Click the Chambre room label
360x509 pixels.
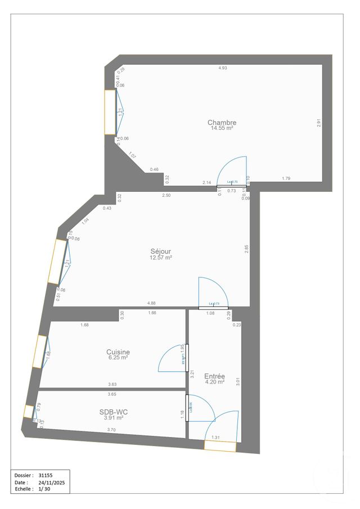(222, 123)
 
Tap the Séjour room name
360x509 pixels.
(160, 251)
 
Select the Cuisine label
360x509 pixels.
(118, 352)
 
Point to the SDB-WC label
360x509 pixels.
(114, 411)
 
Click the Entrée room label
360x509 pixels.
(214, 376)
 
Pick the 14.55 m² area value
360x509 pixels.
(222, 128)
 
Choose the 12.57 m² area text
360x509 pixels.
(160, 257)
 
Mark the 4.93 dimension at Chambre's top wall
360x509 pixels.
(223, 68)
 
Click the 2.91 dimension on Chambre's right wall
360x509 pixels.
(318, 123)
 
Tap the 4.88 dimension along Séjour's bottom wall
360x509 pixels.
(151, 303)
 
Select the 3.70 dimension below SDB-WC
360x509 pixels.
(112, 430)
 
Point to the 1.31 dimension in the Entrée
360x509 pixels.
(215, 437)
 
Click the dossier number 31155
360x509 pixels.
(46, 475)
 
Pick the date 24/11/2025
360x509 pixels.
(52, 483)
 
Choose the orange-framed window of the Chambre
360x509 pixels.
(110, 112)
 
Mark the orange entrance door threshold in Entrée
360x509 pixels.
(220, 446)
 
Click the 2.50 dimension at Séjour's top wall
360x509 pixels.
(166, 195)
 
